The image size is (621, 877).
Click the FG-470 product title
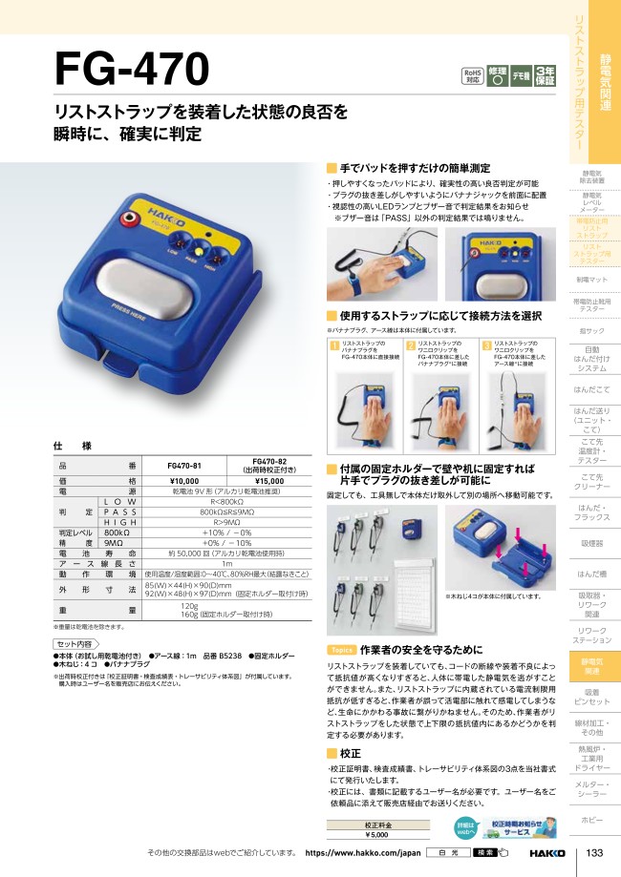(x=132, y=70)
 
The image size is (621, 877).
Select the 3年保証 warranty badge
(x=545, y=75)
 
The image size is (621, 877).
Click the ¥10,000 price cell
(x=168, y=481)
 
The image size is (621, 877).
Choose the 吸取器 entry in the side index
(x=593, y=544)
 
